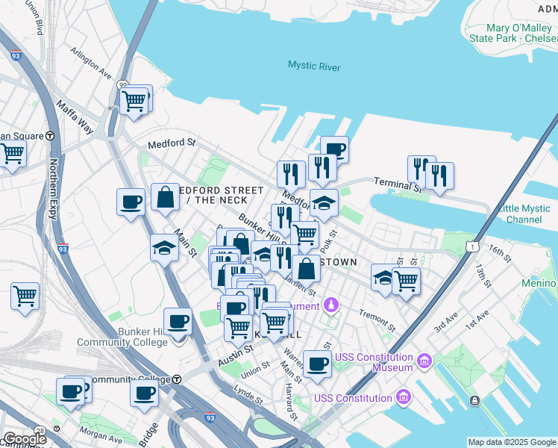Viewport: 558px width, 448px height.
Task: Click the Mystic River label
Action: [314, 67]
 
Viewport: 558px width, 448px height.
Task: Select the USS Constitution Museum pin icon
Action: [424, 361]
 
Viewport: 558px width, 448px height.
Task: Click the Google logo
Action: [24, 439]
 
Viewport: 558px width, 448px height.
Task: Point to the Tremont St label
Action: [377, 320]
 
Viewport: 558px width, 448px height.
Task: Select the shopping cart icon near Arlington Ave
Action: [134, 101]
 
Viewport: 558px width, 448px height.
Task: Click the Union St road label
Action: [254, 368]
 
